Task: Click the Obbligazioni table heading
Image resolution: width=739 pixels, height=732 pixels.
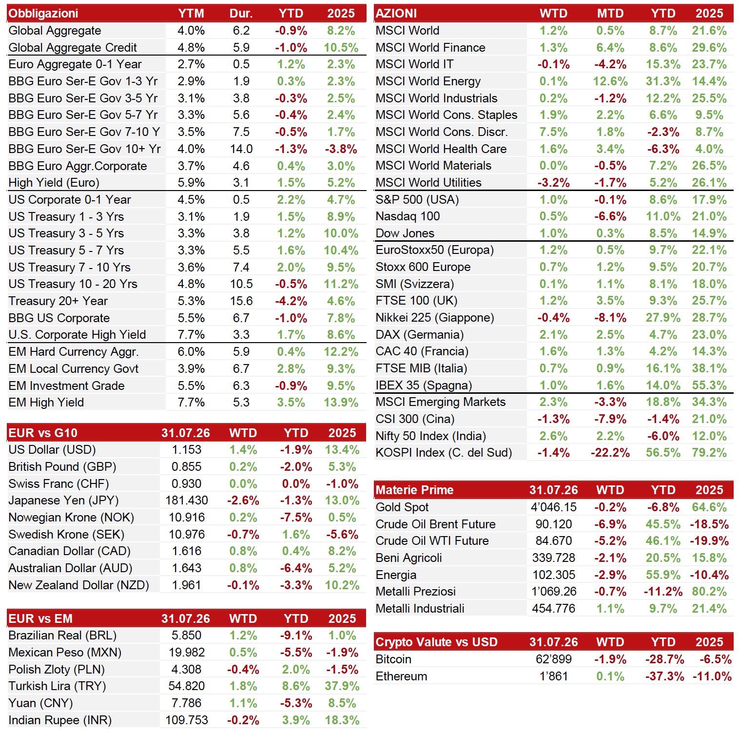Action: pyautogui.click(x=43, y=13)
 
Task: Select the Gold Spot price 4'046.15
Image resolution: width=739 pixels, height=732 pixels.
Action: pyautogui.click(x=553, y=507)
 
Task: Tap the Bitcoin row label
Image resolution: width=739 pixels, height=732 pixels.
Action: pyautogui.click(x=393, y=659)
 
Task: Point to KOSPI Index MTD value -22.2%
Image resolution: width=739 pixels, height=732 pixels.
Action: pyautogui.click(x=610, y=453)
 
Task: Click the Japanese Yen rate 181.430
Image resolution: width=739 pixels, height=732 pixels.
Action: pyautogui.click(x=187, y=501)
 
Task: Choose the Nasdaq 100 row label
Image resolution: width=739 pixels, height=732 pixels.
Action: pyautogui.click(x=408, y=216)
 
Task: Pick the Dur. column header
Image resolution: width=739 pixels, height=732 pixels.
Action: pyautogui.click(x=241, y=13)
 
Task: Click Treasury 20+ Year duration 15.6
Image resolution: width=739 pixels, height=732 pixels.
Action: pyautogui.click(x=241, y=301)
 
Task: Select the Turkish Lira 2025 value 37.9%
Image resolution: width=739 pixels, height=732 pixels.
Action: pyautogui.click(x=342, y=686)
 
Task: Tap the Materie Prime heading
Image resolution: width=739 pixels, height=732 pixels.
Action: pyautogui.click(x=414, y=490)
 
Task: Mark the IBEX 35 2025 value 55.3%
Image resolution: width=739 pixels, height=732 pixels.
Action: pyautogui.click(x=709, y=385)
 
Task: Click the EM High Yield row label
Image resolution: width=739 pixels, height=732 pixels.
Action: pyautogui.click(x=46, y=403)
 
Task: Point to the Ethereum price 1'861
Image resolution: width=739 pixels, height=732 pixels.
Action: pyautogui.click(x=553, y=676)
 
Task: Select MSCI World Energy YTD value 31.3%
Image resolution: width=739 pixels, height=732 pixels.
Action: pyautogui.click(x=663, y=81)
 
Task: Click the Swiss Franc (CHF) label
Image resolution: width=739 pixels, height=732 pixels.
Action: pyautogui.click(x=58, y=484)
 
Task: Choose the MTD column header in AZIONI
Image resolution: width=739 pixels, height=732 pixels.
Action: pyautogui.click(x=610, y=13)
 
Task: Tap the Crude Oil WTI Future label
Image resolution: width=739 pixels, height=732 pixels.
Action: pyautogui.click(x=432, y=541)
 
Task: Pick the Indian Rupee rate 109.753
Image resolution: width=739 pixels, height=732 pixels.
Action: pyautogui.click(x=187, y=720)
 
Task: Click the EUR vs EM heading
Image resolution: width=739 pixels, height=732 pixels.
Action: pyautogui.click(x=40, y=618)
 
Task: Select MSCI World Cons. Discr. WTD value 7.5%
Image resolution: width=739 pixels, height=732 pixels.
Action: pyautogui.click(x=553, y=132)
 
